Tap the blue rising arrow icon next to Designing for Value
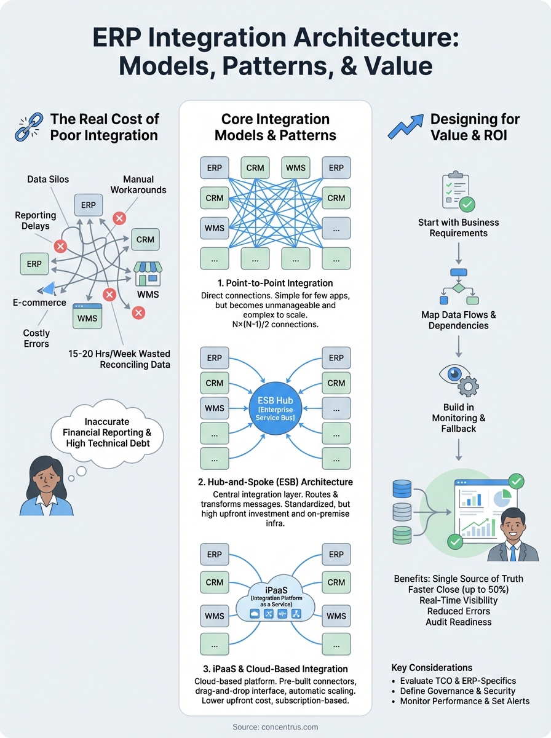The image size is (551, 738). [405, 125]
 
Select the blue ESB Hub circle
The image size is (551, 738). [275, 407]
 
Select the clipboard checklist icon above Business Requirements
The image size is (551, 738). [458, 192]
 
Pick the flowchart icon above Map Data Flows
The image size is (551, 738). [459, 287]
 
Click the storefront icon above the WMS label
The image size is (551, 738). [148, 274]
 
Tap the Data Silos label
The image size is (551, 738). [48, 179]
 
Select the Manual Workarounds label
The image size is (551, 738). [138, 184]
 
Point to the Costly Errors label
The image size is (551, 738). [36, 338]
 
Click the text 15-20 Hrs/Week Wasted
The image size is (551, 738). [119, 354]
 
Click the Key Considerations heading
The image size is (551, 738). [432, 667]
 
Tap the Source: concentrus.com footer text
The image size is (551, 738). [275, 727]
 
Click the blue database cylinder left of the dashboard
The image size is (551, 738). [402, 489]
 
